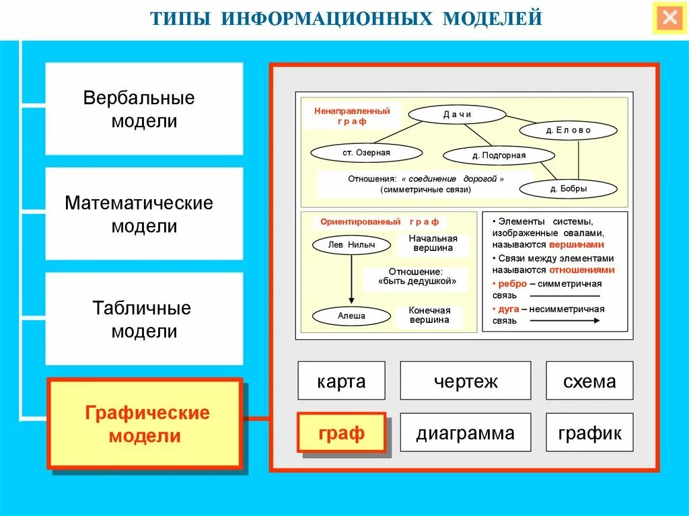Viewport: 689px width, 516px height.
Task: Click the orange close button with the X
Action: (x=669, y=18)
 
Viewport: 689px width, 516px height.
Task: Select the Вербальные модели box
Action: (x=143, y=109)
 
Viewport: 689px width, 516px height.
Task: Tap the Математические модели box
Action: (x=143, y=214)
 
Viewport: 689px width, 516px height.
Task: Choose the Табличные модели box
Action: (x=143, y=319)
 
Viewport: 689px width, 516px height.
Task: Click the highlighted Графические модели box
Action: (x=145, y=423)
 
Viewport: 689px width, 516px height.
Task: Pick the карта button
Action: (x=341, y=381)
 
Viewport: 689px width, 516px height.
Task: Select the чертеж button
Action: (x=465, y=381)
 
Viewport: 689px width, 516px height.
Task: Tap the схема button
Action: (x=589, y=381)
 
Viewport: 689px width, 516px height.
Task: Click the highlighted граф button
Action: (x=341, y=433)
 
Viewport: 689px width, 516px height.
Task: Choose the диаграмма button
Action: (x=465, y=433)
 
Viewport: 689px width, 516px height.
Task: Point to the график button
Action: (x=589, y=433)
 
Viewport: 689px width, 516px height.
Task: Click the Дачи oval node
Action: (x=458, y=114)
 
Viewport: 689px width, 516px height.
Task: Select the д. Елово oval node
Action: (x=569, y=131)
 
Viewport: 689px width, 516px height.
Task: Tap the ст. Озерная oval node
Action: (x=366, y=153)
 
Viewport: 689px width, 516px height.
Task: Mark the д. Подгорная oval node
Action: (x=499, y=155)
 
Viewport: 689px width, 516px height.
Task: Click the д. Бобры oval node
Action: (x=569, y=189)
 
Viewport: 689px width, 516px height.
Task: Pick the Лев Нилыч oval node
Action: (x=351, y=245)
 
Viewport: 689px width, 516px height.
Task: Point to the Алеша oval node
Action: (x=351, y=316)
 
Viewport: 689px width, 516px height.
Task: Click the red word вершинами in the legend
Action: (x=577, y=245)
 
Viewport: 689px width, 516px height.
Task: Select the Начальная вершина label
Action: (x=433, y=244)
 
